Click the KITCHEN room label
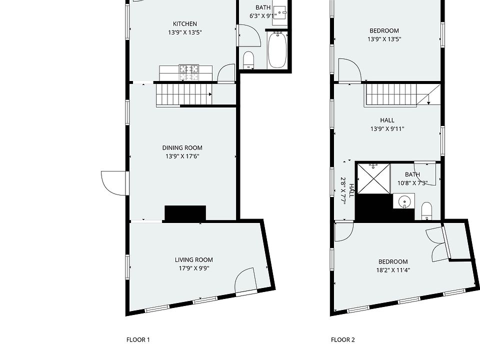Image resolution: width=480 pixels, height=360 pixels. tap(185, 24)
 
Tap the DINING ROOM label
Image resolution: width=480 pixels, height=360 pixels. tap(182, 148)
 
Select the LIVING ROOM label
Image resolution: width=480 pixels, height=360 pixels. tap(194, 260)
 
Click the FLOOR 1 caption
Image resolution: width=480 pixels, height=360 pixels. tap(138, 339)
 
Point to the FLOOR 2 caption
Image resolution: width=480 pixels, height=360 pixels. tap(343, 339)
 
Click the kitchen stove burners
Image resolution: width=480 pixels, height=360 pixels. tap(189, 73)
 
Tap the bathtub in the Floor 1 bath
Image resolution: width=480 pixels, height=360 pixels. tap(277, 50)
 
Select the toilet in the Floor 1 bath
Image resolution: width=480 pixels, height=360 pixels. tap(248, 60)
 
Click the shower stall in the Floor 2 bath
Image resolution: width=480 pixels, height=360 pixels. tap(374, 179)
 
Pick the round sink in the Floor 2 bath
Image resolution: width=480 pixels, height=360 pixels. tap(404, 201)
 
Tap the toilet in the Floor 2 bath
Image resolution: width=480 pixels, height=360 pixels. tap(426, 211)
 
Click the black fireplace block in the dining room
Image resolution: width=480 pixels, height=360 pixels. tap(185, 213)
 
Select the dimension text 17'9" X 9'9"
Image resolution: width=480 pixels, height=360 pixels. tap(194, 268)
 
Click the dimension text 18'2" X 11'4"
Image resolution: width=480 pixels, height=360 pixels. tap(393, 270)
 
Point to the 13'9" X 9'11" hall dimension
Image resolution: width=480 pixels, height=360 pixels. tap(387, 129)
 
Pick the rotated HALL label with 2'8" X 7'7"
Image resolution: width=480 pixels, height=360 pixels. tap(347, 190)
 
